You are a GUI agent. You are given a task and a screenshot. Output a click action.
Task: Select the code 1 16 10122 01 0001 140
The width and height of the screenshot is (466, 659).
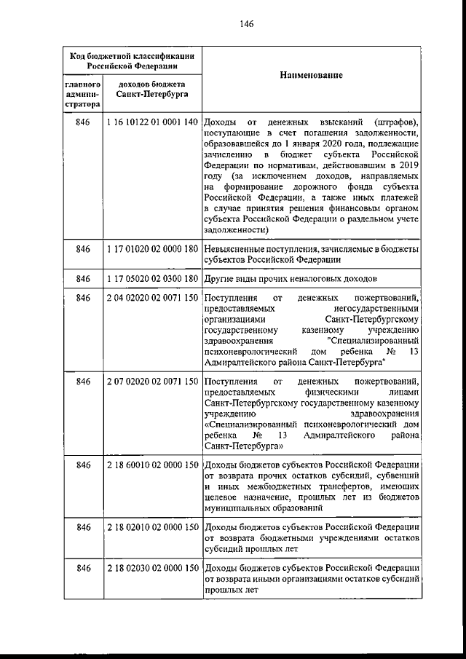point(152,122)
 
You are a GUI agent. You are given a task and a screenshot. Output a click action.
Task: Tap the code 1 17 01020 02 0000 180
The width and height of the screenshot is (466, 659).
point(152,249)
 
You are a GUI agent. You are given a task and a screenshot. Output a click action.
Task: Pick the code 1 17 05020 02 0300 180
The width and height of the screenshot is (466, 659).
point(152,278)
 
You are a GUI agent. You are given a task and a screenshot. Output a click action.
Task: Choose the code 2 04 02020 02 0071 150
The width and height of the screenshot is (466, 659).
point(152,299)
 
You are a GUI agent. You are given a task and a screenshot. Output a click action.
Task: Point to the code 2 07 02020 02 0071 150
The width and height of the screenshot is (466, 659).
point(152,382)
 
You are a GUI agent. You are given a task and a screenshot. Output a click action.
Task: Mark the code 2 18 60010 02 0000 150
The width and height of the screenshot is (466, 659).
point(152,465)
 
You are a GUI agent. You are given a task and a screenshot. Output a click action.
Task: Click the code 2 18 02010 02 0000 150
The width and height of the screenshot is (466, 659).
point(152,526)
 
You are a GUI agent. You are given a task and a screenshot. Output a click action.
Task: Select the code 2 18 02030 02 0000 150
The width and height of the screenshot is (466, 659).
point(152,568)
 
